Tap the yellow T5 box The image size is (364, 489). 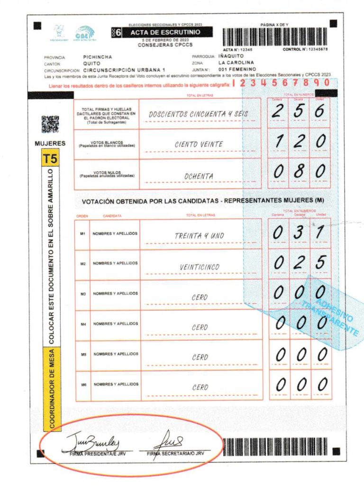pos(49,159)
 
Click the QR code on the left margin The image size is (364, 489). pos(50,124)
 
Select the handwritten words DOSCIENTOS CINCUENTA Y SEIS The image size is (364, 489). pos(199,114)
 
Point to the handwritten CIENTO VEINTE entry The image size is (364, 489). pos(199,144)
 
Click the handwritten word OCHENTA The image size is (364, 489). pos(199,176)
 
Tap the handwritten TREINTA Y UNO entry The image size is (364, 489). pos(199,235)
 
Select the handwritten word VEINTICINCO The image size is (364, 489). pos(199,267)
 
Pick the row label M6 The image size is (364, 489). pos(82,385)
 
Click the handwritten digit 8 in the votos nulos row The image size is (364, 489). pos(299,171)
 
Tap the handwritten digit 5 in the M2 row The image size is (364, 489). pos(321,262)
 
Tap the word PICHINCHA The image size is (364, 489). pos(97,56)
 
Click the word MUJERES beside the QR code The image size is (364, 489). pos(50,143)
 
